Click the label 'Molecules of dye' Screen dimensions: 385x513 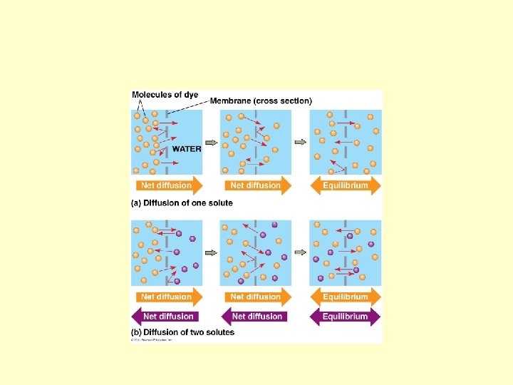pyautogui.click(x=165, y=95)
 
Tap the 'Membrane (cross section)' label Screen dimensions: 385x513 pyautogui.click(x=260, y=101)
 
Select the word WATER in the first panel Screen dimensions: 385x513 pyautogui.click(x=187, y=149)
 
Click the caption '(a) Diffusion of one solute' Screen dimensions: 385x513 pyautogui.click(x=182, y=203)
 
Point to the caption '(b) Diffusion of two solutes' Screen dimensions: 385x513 pyautogui.click(x=182, y=332)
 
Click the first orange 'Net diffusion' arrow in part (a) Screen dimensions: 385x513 pyautogui.click(x=167, y=185)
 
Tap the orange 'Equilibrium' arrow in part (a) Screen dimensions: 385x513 pyautogui.click(x=346, y=185)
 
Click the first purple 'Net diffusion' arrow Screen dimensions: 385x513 pyautogui.click(x=167, y=316)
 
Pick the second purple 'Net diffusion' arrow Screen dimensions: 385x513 pyautogui.click(x=255, y=316)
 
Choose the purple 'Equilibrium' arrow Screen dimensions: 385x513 pyautogui.click(x=345, y=316)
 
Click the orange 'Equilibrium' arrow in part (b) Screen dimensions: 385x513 pyautogui.click(x=346, y=297)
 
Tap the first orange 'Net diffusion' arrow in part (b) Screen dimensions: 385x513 pyautogui.click(x=167, y=297)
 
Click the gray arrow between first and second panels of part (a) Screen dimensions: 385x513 pyautogui.click(x=212, y=142)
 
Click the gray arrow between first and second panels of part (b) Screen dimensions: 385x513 pyautogui.click(x=212, y=252)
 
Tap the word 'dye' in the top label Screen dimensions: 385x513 pyautogui.click(x=190, y=95)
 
